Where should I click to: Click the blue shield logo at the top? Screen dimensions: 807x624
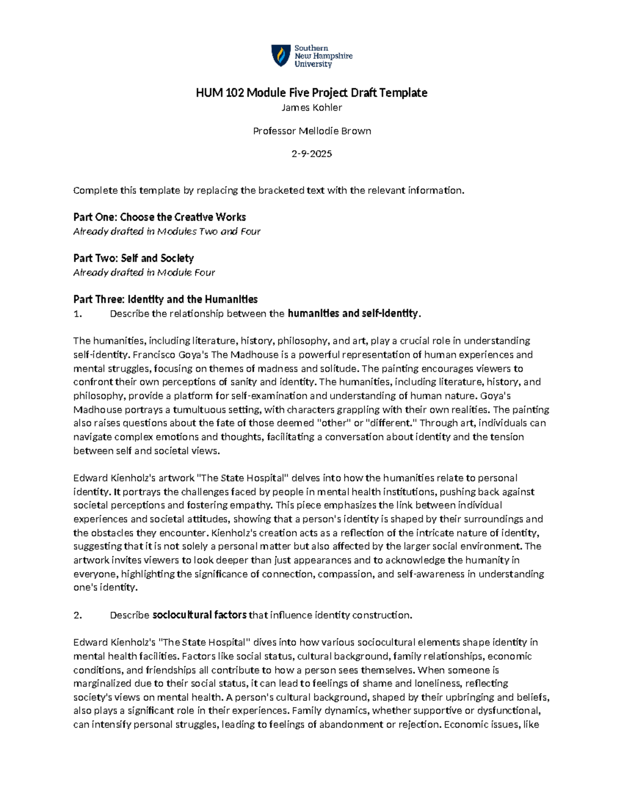[281, 55]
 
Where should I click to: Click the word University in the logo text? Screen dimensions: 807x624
[313, 64]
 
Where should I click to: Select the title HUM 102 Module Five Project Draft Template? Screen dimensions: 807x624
[311, 93]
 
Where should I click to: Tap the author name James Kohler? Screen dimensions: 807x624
[311, 108]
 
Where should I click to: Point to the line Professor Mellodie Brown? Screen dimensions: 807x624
[311, 131]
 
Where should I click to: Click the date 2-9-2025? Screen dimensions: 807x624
[311, 154]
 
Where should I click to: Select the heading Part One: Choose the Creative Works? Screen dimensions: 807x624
[159, 217]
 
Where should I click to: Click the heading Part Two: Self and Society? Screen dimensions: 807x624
[133, 258]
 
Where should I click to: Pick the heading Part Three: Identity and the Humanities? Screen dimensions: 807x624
[165, 299]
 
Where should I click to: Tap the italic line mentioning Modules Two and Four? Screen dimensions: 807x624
[166, 231]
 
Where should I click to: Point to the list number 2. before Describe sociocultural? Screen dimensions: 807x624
[78, 615]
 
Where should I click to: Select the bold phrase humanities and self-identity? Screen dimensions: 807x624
[353, 313]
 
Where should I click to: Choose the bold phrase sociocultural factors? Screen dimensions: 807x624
[199, 615]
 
